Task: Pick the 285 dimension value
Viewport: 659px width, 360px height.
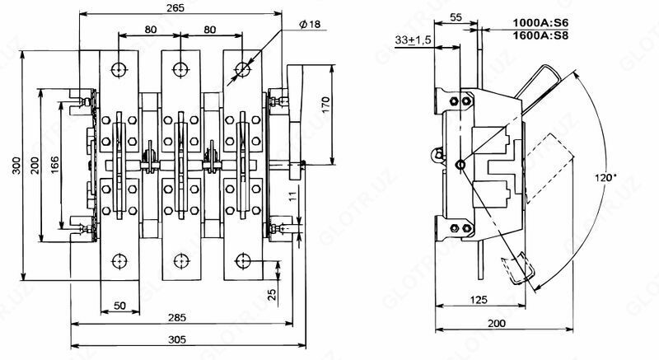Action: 175,317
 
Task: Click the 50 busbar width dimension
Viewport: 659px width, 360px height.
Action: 120,306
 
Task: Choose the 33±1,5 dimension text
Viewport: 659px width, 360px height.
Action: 414,40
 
